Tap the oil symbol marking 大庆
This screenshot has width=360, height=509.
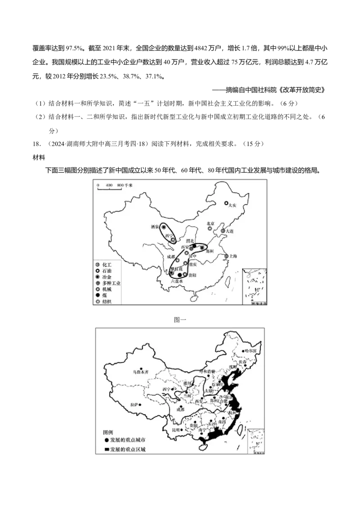point(227,203)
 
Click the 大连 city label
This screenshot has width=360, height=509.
point(230,231)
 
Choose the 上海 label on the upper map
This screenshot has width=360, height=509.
point(232,256)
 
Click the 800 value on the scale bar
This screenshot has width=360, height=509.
point(119,185)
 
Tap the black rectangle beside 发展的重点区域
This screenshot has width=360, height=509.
point(106,449)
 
